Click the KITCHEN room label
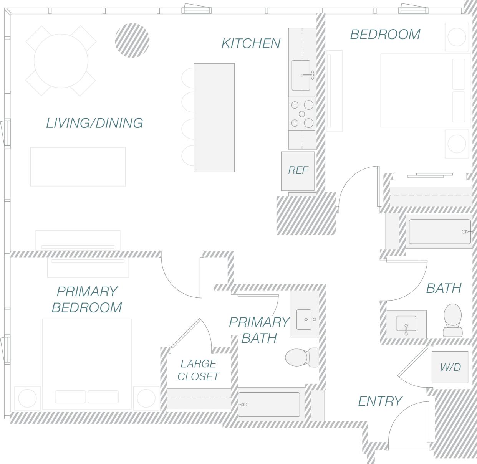[251, 43]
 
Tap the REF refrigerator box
[298, 170]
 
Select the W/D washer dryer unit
[450, 367]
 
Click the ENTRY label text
[380, 401]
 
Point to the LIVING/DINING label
[94, 123]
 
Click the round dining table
[61, 61]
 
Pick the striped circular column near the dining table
[132, 40]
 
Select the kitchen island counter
[214, 117]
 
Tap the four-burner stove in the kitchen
[301, 114]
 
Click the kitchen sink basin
[301, 75]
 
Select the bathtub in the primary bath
[268, 405]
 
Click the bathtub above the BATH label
[439, 231]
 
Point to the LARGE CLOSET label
[198, 370]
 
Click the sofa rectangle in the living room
[78, 167]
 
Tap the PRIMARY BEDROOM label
[87, 299]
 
